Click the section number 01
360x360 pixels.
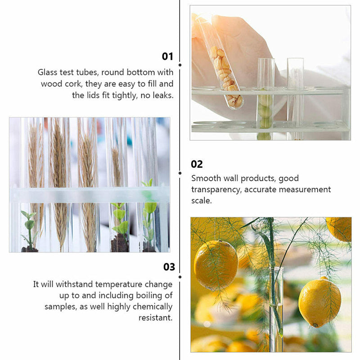click(x=167, y=56)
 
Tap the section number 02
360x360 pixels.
click(x=197, y=164)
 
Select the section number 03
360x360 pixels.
click(x=169, y=267)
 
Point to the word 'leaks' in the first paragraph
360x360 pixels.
click(x=162, y=95)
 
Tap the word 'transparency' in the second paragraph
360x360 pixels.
click(x=216, y=189)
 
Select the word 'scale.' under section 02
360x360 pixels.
click(x=201, y=201)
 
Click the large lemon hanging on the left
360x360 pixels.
click(x=216, y=265)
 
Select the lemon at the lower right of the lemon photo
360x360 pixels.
click(x=319, y=301)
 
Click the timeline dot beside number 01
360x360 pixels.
click(x=180, y=65)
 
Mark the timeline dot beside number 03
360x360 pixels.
click(x=180, y=276)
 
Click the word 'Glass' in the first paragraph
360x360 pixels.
click(x=48, y=72)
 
